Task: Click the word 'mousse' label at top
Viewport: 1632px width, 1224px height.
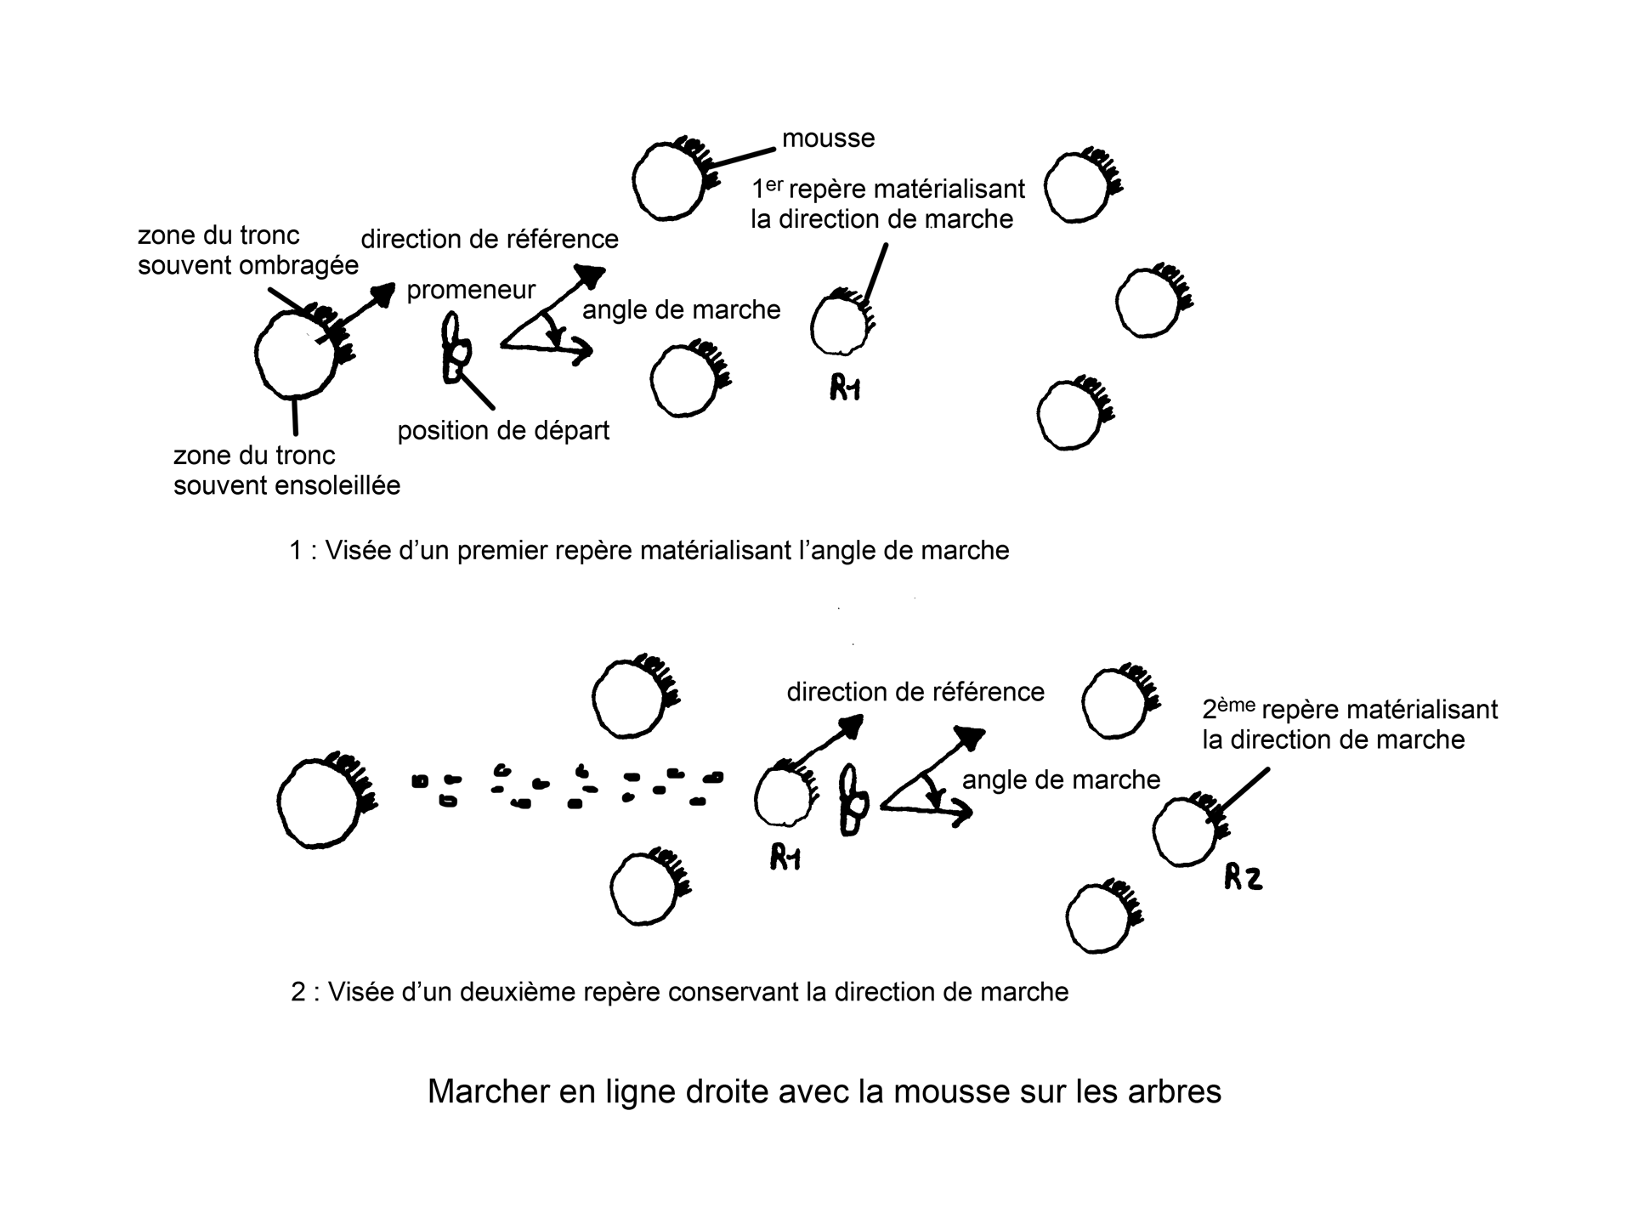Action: pyautogui.click(x=828, y=138)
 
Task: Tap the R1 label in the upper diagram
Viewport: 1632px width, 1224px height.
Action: pyautogui.click(x=845, y=388)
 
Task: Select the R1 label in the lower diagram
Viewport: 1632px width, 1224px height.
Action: pyautogui.click(x=785, y=859)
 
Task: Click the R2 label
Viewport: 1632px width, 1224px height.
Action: pyautogui.click(x=1243, y=877)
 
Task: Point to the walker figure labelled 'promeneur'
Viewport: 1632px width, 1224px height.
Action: pyautogui.click(x=456, y=348)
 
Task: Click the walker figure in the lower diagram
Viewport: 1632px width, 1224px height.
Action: pyautogui.click(x=853, y=801)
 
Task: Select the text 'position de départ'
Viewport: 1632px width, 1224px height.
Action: pyautogui.click(x=503, y=431)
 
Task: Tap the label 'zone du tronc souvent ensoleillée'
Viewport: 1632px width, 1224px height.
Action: pyautogui.click(x=286, y=470)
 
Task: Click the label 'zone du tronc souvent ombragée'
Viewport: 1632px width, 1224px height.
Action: pyautogui.click(x=247, y=250)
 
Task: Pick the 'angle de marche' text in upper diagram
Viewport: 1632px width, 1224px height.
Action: pyautogui.click(x=681, y=309)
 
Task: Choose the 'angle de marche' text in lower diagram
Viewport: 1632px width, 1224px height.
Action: pyautogui.click(x=1061, y=779)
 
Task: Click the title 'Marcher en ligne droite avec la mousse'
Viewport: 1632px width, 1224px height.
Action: pyautogui.click(x=824, y=1091)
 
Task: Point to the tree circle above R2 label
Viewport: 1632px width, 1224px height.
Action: pyautogui.click(x=1185, y=830)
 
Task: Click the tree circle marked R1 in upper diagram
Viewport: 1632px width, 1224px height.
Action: pyautogui.click(x=840, y=324)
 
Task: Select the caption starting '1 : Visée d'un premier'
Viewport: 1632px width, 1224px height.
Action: pyautogui.click(x=649, y=551)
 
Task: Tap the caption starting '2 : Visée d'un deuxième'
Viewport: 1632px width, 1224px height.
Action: pyautogui.click(x=679, y=992)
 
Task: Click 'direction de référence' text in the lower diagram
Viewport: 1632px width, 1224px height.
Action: pyautogui.click(x=915, y=692)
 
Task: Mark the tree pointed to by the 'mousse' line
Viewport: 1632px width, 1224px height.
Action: pyautogui.click(x=671, y=181)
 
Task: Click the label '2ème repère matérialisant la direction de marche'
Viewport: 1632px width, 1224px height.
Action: pyautogui.click(x=1349, y=724)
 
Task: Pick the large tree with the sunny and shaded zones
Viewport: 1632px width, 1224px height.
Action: pyautogui.click(x=296, y=355)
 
